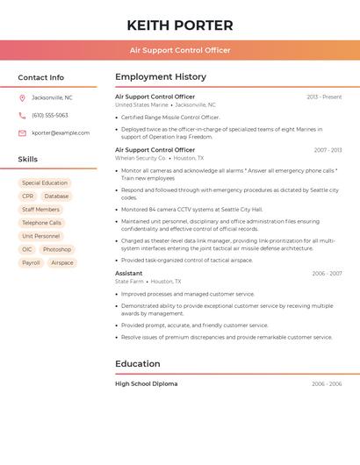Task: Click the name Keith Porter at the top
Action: coord(180,25)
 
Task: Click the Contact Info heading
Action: coord(41,77)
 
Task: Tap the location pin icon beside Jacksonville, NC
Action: coord(22,97)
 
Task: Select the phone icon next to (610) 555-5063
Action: coord(22,115)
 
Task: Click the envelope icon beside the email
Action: coord(22,133)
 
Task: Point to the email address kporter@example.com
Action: coord(61,133)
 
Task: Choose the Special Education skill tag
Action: coord(45,183)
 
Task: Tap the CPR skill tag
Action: coord(28,197)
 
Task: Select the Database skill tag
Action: coord(56,197)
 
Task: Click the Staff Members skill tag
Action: coord(41,210)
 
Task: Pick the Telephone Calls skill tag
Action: coord(42,223)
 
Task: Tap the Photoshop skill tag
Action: coord(57,249)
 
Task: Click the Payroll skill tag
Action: coord(31,262)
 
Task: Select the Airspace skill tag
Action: coord(62,262)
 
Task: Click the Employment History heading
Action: coord(161,77)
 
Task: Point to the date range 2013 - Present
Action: coord(324,97)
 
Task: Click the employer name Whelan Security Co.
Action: coord(140,158)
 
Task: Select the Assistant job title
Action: coord(129,273)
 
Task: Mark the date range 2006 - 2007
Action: coord(327,274)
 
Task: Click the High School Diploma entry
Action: coord(146,383)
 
